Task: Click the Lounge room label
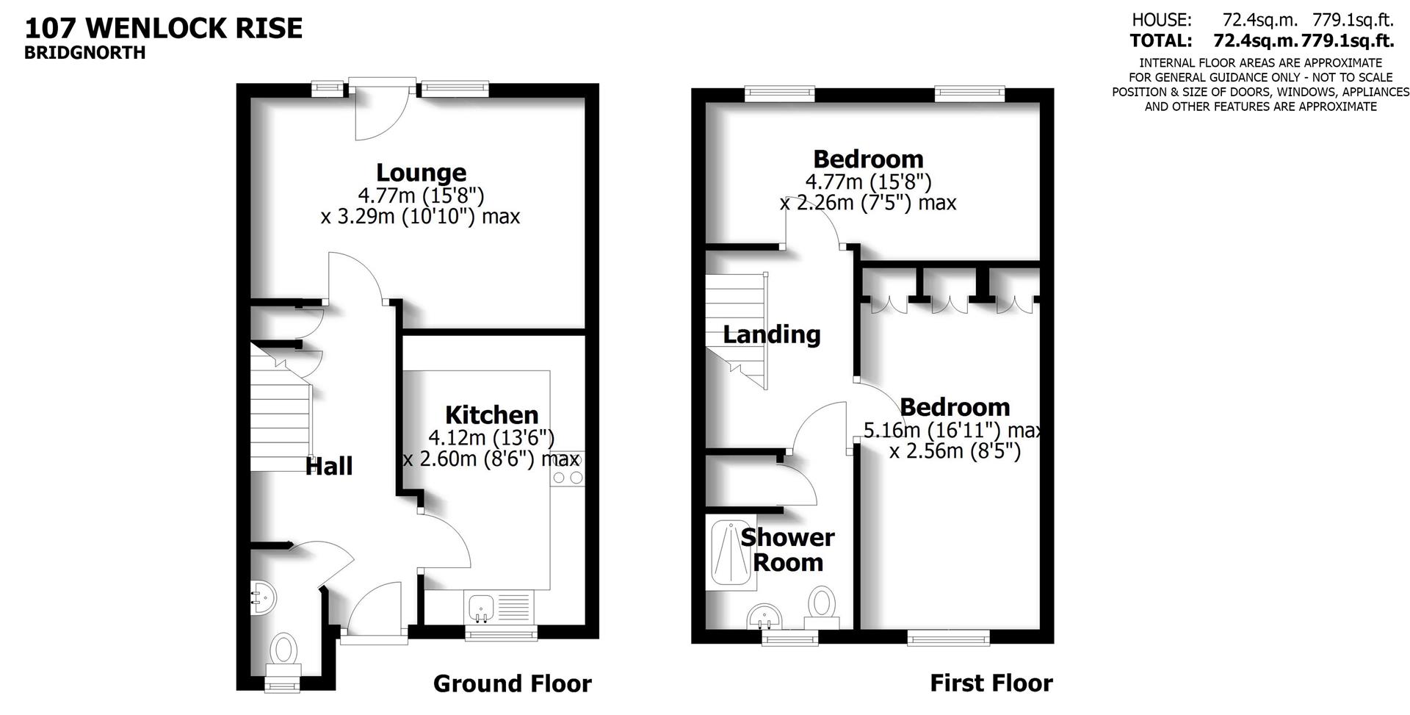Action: tap(421, 173)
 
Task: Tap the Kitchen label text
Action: tap(491, 414)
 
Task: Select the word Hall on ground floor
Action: tap(329, 466)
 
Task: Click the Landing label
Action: tap(771, 334)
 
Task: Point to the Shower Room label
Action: tap(787, 550)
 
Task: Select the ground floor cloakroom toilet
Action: tap(283, 651)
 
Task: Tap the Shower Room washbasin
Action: tap(765, 616)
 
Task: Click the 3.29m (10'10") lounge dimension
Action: tap(419, 217)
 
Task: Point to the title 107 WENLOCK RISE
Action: tap(164, 29)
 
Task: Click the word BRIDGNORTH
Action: tap(84, 53)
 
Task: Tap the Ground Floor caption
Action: tap(512, 683)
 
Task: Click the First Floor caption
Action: tap(991, 683)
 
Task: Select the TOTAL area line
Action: tap(1261, 41)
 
